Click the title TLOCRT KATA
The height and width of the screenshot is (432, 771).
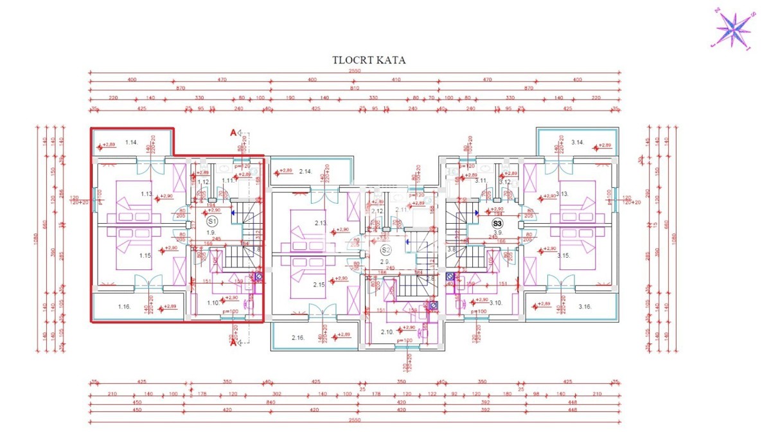click(x=369, y=60)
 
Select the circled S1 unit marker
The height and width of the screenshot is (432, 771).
click(x=213, y=221)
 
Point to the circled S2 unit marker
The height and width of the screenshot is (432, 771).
click(x=385, y=250)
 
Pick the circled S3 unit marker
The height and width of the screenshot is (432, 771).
click(x=497, y=223)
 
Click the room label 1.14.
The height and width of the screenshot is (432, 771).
click(x=132, y=142)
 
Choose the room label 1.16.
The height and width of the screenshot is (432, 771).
click(x=125, y=307)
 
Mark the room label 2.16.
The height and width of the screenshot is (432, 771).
click(x=297, y=337)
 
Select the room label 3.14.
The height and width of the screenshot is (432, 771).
click(x=577, y=142)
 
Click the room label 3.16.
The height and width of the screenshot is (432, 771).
click(x=584, y=307)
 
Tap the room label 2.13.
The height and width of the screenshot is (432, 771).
click(x=321, y=223)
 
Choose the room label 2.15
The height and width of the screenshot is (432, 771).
click(x=319, y=284)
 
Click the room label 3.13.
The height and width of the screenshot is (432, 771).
click(x=562, y=194)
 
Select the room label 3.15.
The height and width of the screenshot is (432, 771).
click(x=563, y=256)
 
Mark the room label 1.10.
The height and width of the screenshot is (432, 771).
click(x=213, y=302)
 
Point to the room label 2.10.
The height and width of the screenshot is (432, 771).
click(x=387, y=332)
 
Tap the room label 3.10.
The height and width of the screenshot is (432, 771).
click(x=495, y=302)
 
